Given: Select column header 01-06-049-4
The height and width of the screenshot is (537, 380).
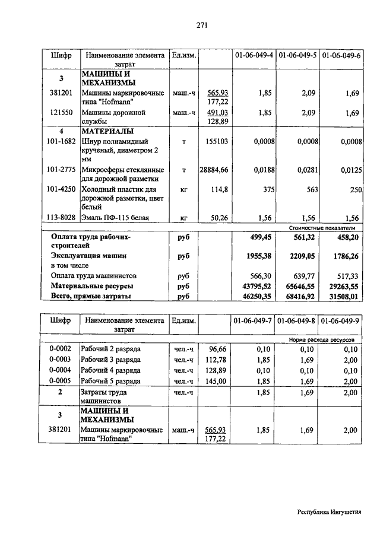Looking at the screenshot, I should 254,55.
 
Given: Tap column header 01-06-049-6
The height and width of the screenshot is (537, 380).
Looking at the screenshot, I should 341,55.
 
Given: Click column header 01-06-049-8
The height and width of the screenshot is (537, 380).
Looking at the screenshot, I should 297,321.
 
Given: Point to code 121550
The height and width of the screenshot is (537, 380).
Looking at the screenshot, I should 61,112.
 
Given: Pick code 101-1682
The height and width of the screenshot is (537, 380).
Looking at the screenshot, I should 61,141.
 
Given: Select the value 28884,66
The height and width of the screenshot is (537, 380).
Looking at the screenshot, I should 214,170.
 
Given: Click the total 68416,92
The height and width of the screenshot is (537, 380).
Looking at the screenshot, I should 299,295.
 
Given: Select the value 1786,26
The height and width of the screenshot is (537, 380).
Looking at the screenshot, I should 343,256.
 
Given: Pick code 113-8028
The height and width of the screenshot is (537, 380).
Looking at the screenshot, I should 61,218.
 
